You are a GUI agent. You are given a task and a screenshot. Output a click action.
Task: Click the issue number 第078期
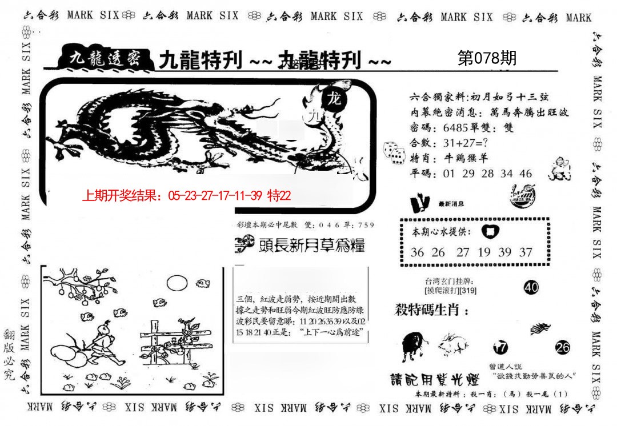(487, 58)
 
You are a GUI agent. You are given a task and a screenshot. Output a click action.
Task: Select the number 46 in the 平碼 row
(526, 174)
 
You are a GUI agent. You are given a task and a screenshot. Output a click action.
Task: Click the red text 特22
(279, 196)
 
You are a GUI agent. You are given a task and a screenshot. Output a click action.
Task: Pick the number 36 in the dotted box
(418, 252)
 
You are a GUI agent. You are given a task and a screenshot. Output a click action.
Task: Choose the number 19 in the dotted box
(484, 252)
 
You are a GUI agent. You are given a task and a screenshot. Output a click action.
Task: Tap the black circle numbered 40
(531, 288)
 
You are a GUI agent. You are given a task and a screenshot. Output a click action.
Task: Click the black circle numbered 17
(500, 347)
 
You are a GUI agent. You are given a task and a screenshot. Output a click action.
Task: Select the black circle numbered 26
(562, 347)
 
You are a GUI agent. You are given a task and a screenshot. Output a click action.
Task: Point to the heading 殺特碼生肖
(432, 311)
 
